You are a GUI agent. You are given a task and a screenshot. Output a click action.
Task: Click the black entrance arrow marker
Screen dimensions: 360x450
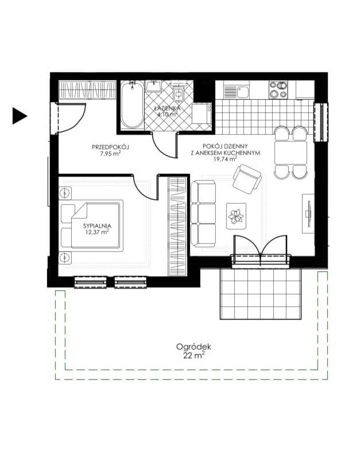tap(20, 116)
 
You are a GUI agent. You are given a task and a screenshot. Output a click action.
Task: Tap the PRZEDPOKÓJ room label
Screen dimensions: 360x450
tap(110, 147)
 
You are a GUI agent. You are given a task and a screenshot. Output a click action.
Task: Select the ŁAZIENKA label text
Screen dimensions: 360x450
tap(167, 108)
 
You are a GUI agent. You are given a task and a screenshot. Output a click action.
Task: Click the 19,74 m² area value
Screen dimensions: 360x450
tap(225, 158)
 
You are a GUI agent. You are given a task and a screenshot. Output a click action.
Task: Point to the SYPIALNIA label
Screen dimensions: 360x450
tap(97, 226)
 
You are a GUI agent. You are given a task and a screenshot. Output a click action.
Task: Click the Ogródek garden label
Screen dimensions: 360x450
tap(194, 347)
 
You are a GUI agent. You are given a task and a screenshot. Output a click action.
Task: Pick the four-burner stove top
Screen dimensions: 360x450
tap(278, 90)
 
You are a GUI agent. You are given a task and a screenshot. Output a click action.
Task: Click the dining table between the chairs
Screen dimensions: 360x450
tap(291, 153)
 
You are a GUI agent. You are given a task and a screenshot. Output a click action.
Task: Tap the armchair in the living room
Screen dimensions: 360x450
tap(247, 179)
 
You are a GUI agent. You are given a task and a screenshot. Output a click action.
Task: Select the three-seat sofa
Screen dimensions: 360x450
tap(203, 214)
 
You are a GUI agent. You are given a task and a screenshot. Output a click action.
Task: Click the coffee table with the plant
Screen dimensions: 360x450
tap(237, 216)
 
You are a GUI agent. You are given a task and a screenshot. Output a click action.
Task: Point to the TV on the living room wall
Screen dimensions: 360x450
tap(308, 214)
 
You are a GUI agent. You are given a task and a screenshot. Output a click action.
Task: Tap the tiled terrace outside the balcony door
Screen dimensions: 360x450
tap(261, 293)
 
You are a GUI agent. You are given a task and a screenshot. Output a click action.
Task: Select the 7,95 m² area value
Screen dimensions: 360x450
tap(110, 154)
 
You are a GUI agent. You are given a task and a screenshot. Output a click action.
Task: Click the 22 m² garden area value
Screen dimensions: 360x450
tap(194, 356)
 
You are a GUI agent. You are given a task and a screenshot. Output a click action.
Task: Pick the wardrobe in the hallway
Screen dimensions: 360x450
tap(87, 91)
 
